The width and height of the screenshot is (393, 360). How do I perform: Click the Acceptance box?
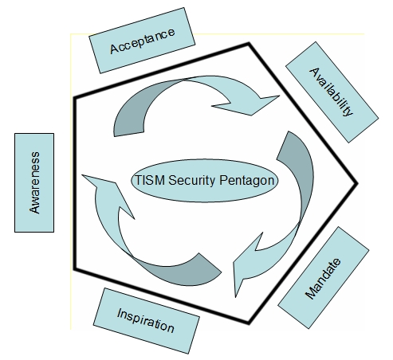pyautogui.click(x=142, y=41)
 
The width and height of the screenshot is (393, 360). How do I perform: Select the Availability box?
pyautogui.click(x=332, y=92)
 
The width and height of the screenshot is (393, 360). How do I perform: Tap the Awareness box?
pyautogui.click(x=34, y=182)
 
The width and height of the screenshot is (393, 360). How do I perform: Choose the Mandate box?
pyautogui.click(x=324, y=278)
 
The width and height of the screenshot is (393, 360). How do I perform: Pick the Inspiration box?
pyautogui.click(x=146, y=321)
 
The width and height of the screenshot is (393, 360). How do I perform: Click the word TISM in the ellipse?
pyautogui.click(x=150, y=180)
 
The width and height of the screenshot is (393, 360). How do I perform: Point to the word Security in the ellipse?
pyautogui.click(x=191, y=181)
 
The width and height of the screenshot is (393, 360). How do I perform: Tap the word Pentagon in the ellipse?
pyautogui.click(x=246, y=181)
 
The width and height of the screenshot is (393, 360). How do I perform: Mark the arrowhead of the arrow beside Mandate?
pyautogui.click(x=246, y=265)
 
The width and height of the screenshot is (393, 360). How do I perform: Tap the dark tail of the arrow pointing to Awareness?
pyautogui.click(x=186, y=273)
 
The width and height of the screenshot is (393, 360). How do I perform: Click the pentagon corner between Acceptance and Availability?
pyautogui.click(x=249, y=44)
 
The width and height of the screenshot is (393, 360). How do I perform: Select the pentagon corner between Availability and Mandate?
pyautogui.click(x=356, y=183)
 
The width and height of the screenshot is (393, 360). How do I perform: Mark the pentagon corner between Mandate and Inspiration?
pyautogui.click(x=248, y=323)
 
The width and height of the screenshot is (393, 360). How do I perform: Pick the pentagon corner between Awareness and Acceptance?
pyautogui.click(x=76, y=98)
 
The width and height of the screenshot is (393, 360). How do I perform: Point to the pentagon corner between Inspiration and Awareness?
pyautogui.click(x=76, y=269)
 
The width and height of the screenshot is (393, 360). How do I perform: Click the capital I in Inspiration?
pyautogui.click(x=120, y=313)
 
